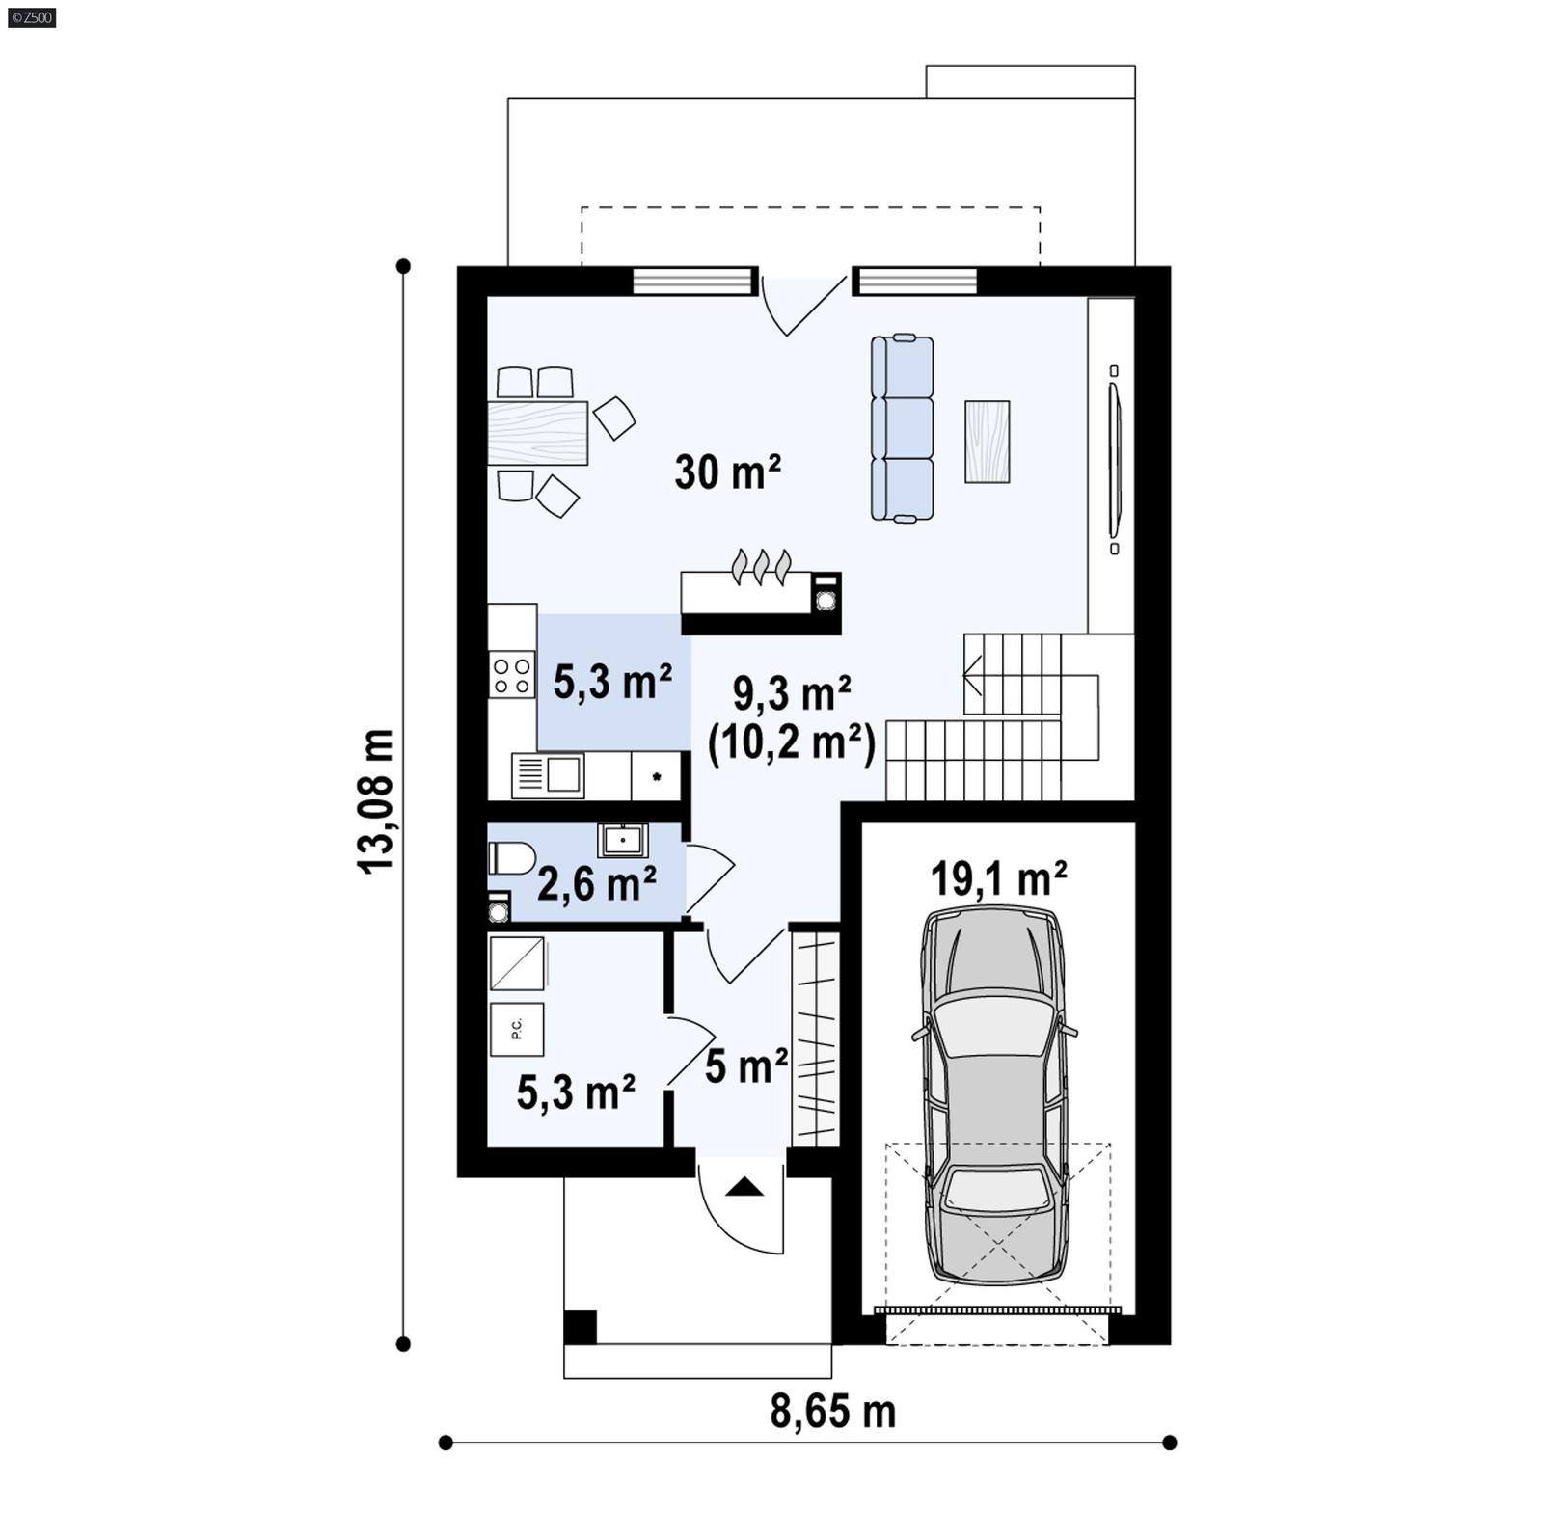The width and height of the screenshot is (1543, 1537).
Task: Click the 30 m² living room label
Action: point(727,472)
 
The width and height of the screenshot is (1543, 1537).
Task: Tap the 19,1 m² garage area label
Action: point(998,878)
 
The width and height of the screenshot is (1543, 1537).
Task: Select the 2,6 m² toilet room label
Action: point(597,883)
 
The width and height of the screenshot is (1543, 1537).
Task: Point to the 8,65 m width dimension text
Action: point(832,1412)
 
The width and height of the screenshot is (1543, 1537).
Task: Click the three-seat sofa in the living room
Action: point(902,428)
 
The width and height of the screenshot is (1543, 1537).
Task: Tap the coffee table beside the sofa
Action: point(987,442)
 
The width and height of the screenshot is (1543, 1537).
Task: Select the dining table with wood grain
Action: point(537,433)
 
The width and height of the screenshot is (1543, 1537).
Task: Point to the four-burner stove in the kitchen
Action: point(512,674)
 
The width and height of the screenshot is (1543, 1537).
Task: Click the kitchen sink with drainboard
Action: point(548,774)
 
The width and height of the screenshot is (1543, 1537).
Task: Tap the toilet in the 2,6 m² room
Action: point(512,858)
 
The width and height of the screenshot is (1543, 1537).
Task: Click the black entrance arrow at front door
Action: point(744,1187)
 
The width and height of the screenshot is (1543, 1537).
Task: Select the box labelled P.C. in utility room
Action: point(516,1029)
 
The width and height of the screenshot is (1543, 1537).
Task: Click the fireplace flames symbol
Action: point(762,567)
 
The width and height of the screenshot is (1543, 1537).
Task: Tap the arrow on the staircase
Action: point(972,674)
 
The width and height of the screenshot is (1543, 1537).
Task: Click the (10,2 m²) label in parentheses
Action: point(791,743)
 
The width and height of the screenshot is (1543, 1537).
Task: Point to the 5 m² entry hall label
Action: point(745,1066)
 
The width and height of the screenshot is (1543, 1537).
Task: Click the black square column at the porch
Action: point(580,1328)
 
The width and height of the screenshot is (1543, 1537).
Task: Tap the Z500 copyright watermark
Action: point(31,16)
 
